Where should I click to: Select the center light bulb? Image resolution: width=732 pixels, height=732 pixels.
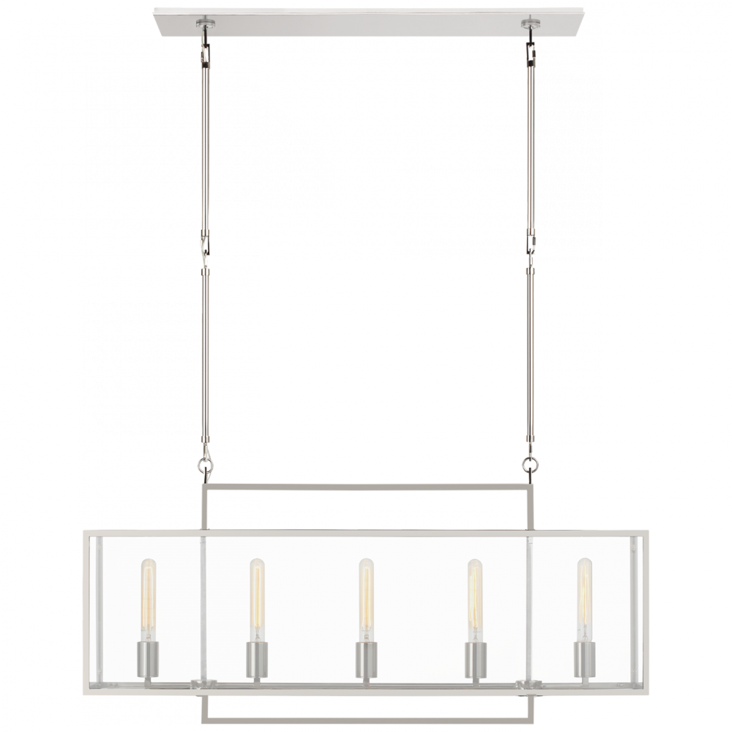[364, 589]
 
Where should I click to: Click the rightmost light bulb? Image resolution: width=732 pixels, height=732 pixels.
[583, 589]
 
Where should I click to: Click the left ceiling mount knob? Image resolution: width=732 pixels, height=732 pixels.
[201, 25]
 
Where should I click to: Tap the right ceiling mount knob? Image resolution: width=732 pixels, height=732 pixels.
[527, 25]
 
